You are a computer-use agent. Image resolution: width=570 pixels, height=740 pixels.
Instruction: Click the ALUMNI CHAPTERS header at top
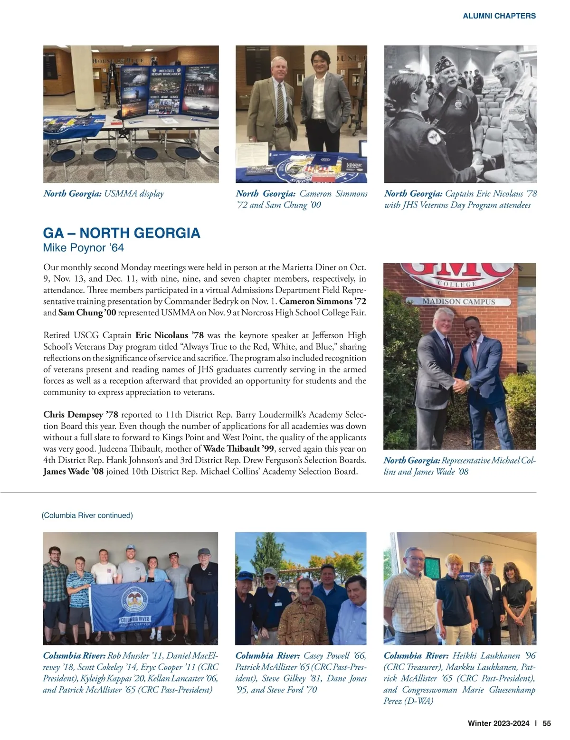click(499, 16)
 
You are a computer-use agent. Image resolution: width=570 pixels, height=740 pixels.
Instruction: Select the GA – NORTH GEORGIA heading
click(122, 233)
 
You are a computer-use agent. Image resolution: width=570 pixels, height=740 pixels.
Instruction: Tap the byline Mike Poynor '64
click(84, 248)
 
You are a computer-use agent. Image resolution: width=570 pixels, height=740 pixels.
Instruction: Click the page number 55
click(547, 724)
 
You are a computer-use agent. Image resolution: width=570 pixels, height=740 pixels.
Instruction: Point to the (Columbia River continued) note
click(88, 515)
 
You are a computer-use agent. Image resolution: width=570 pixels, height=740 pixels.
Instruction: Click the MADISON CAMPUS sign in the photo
click(459, 302)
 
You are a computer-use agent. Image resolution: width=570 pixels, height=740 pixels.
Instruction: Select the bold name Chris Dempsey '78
click(80, 415)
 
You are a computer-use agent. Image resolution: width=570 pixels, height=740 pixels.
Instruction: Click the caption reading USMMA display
click(133, 194)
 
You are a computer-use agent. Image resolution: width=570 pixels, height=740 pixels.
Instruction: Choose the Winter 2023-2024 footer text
click(498, 724)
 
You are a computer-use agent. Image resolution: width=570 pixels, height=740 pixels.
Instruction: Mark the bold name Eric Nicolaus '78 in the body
click(170, 335)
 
